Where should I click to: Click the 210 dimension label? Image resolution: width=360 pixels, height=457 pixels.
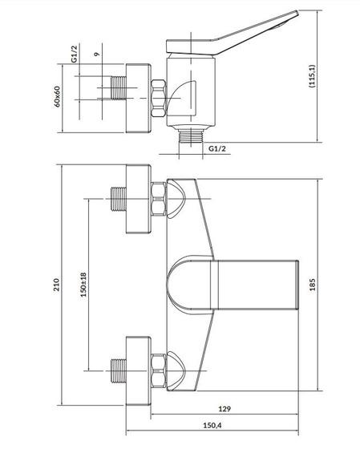click(57, 285)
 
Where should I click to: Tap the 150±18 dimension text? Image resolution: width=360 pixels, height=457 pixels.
click(83, 285)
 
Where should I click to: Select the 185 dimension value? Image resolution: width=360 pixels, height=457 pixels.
click(312, 285)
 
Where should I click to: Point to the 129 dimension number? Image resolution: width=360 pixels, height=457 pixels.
click(224, 409)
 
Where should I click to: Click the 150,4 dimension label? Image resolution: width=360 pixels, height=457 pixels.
click(212, 425)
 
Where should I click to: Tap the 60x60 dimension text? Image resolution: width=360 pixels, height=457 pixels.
click(57, 97)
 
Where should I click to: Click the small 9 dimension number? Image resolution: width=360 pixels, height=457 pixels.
click(97, 54)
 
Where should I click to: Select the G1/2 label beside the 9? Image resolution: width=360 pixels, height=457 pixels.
click(75, 54)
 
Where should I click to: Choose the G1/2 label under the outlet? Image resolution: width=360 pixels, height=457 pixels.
click(217, 148)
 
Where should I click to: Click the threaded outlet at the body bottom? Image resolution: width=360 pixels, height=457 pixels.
click(191, 135)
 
